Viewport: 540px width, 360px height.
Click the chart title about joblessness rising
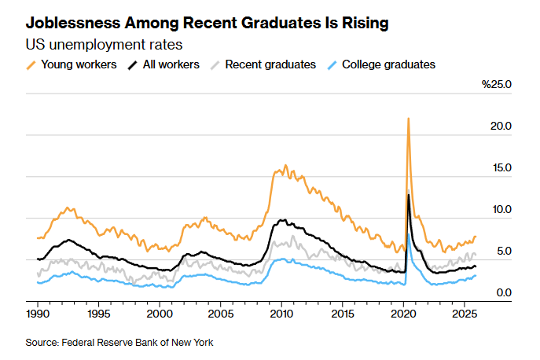[207, 24]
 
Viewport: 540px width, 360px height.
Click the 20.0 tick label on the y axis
[501, 126]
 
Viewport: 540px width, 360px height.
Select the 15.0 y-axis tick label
[501, 167]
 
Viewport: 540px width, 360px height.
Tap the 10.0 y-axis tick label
[501, 209]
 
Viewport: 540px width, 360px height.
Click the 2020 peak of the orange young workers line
[408, 119]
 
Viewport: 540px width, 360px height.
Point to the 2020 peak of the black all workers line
[408, 194]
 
